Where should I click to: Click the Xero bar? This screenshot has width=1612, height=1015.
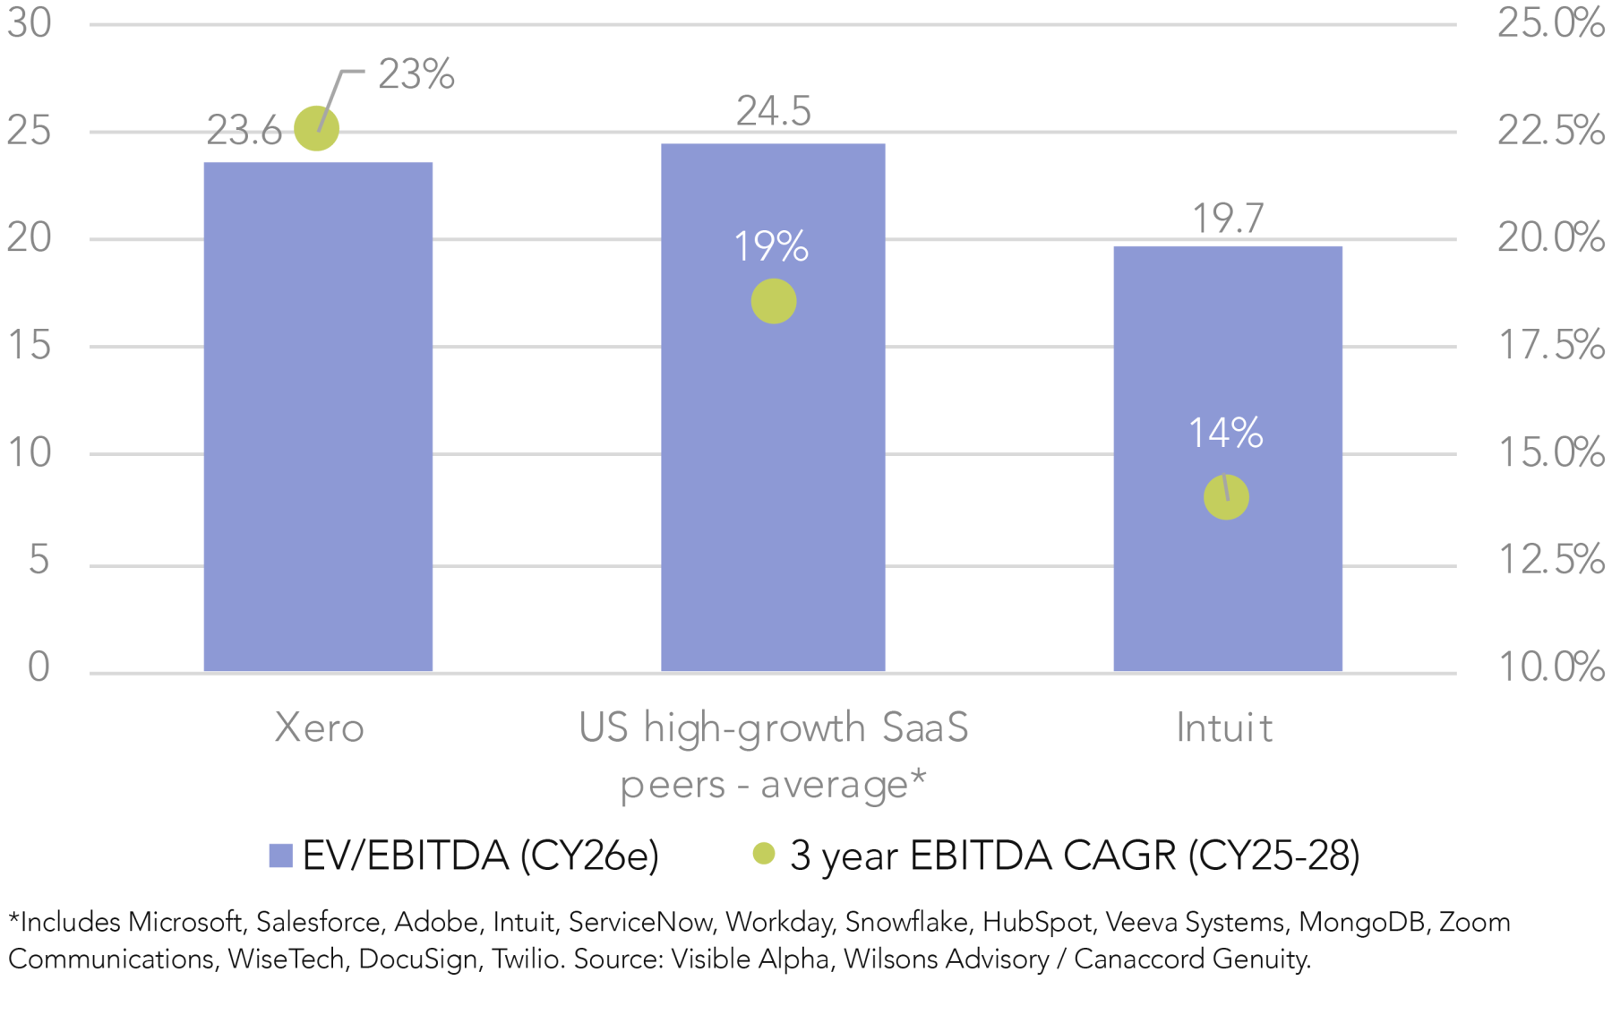[x=318, y=417]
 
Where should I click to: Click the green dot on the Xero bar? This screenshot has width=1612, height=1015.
[x=317, y=128]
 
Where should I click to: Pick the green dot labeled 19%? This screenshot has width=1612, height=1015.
[x=774, y=301]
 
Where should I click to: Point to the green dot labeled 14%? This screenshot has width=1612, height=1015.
[x=1226, y=497]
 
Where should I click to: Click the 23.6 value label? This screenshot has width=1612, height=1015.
[x=244, y=131]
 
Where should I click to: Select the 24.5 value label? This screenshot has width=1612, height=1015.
[x=774, y=111]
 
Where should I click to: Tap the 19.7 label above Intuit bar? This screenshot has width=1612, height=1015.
[x=1228, y=219]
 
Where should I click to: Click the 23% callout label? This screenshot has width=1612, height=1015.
[x=416, y=74]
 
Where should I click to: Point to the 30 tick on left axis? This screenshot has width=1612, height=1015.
[x=30, y=22]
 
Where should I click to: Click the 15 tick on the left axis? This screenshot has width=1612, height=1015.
[x=30, y=345]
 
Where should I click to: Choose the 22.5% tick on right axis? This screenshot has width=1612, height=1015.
[x=1550, y=131]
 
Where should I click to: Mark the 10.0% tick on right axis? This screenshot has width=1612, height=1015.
[x=1550, y=667]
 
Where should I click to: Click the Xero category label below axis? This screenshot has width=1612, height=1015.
[x=319, y=727]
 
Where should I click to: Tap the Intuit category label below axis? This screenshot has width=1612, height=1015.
[x=1224, y=727]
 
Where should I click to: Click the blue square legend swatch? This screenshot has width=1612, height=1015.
[x=281, y=856]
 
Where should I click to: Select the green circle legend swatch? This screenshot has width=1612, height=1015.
[x=764, y=854]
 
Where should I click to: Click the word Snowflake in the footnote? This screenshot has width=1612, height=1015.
[x=906, y=922]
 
